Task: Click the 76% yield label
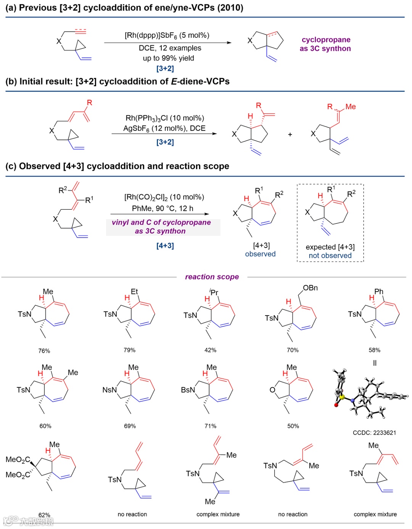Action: click(x=44, y=351)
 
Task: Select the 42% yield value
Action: click(x=210, y=350)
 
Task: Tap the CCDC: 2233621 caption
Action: click(x=374, y=432)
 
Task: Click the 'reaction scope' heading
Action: click(x=212, y=277)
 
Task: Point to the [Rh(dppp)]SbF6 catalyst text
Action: click(x=167, y=36)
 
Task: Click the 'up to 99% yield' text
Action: click(x=168, y=58)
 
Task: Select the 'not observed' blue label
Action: click(x=330, y=256)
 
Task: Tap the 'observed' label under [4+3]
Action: click(x=260, y=254)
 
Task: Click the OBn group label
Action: click(x=310, y=288)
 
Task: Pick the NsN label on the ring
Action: click(x=109, y=390)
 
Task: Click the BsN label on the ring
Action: click(x=188, y=390)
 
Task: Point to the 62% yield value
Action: click(x=44, y=515)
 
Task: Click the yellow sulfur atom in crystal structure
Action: click(x=342, y=397)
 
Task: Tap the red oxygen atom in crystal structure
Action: click(x=336, y=405)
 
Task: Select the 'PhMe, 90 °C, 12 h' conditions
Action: click(x=163, y=208)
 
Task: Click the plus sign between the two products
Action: click(x=290, y=134)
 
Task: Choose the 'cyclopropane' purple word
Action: click(x=326, y=40)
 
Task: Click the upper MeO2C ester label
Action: click(x=18, y=459)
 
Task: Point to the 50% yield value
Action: click(x=293, y=426)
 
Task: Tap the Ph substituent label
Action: click(x=378, y=291)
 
